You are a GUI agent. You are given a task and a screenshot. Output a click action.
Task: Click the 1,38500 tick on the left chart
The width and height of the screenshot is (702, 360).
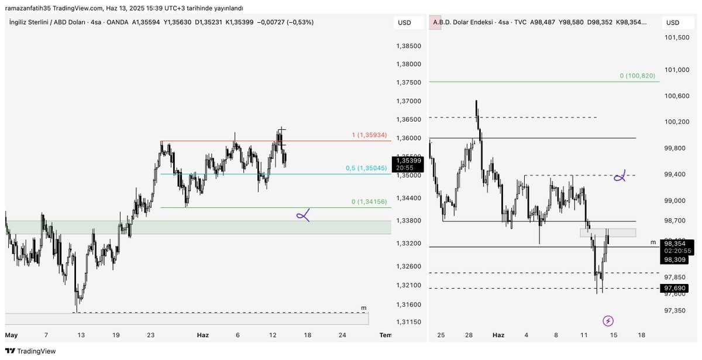coord(408,46)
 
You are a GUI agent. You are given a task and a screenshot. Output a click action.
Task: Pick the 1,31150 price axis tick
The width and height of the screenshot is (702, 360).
coord(408,323)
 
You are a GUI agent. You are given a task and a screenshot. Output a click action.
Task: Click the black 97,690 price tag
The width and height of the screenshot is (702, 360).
coord(675,288)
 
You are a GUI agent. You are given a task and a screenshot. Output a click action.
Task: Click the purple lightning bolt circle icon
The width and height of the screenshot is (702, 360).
coord(608,321)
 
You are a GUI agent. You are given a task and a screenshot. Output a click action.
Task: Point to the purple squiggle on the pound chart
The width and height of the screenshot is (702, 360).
coord(303,216)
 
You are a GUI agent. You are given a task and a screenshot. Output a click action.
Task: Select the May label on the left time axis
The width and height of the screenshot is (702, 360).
coord(12,335)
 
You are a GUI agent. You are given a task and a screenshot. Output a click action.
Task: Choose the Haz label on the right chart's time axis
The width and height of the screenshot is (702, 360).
coord(498,335)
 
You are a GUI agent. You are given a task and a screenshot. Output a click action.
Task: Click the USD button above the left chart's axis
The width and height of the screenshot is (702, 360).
coord(404,23)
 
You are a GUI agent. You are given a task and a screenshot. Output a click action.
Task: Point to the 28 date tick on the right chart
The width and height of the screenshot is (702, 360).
coord(469,335)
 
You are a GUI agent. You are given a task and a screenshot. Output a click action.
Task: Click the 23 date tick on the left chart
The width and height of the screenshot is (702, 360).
coord(151,335)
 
